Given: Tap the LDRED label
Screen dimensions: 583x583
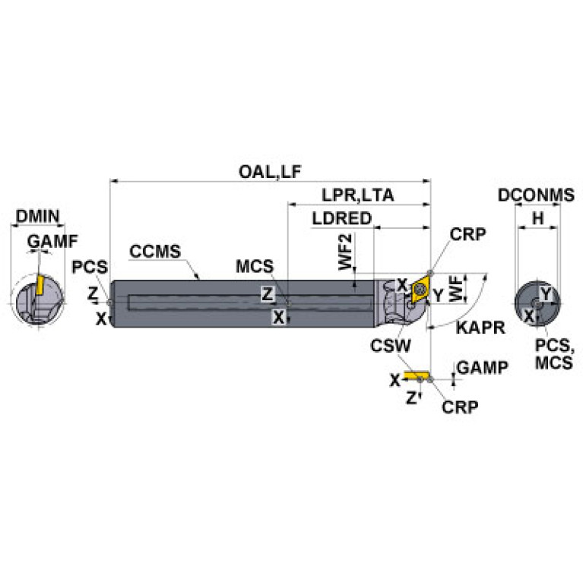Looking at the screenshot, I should (341, 219).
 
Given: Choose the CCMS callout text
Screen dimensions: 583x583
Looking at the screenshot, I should (155, 252).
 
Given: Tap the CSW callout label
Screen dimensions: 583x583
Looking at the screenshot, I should (391, 345).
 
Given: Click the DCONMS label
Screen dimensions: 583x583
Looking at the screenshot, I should (536, 195).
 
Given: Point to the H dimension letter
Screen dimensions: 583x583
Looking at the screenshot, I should (537, 218).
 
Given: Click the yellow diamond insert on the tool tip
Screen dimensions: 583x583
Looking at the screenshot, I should (418, 290).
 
